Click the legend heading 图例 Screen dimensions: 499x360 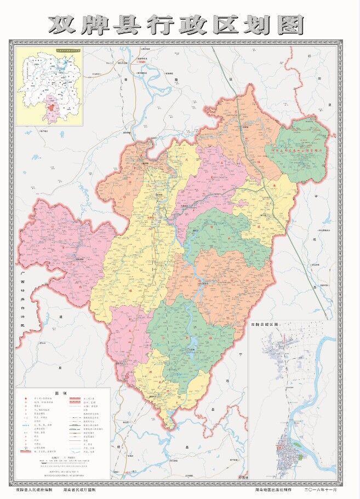tap(63, 393)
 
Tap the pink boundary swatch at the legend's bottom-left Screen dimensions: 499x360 tap(25, 450)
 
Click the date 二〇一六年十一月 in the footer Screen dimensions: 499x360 tap(327, 483)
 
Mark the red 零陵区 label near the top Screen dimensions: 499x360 tap(143, 62)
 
